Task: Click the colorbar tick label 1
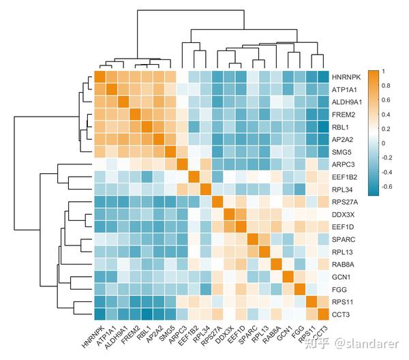pos(384,71)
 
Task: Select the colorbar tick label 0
pos(384,143)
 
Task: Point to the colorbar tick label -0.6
pos(388,187)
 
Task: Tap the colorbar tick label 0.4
pos(386,115)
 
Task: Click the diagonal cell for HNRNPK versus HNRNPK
pos(100,76)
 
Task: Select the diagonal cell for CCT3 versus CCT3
pos(324,314)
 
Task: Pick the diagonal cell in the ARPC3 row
pos(182,164)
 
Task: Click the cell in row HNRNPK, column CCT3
pos(324,76)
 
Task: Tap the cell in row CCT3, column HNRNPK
pos(100,314)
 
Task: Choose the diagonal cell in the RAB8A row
pos(276,264)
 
